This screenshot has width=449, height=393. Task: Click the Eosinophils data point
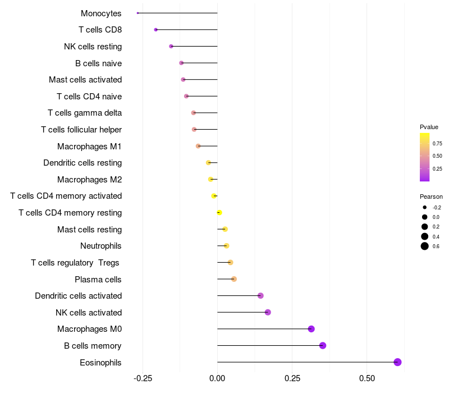click(x=397, y=362)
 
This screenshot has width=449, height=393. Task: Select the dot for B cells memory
click(x=323, y=345)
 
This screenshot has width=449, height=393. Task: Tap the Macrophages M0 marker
click(x=311, y=329)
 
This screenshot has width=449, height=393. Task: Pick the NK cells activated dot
click(x=268, y=312)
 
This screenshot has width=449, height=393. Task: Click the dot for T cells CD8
click(x=156, y=30)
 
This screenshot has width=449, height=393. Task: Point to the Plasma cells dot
click(x=234, y=279)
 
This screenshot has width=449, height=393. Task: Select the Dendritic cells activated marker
click(x=260, y=296)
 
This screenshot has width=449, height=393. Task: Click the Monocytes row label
click(x=101, y=13)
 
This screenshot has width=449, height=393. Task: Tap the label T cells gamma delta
click(x=85, y=113)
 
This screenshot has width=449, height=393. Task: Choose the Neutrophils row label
click(x=101, y=246)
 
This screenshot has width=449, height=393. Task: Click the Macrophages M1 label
click(x=89, y=147)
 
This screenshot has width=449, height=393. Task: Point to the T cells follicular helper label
click(x=81, y=130)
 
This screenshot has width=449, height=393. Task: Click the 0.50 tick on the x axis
click(x=366, y=378)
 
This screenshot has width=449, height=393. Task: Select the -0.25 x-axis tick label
click(x=142, y=378)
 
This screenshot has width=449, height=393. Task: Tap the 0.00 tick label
click(x=217, y=378)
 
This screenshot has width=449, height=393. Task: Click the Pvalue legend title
click(x=429, y=127)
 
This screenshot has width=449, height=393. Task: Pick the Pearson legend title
click(x=431, y=196)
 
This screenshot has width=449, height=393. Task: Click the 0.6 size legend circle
click(x=425, y=246)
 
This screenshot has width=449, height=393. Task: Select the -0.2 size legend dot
click(x=425, y=207)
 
